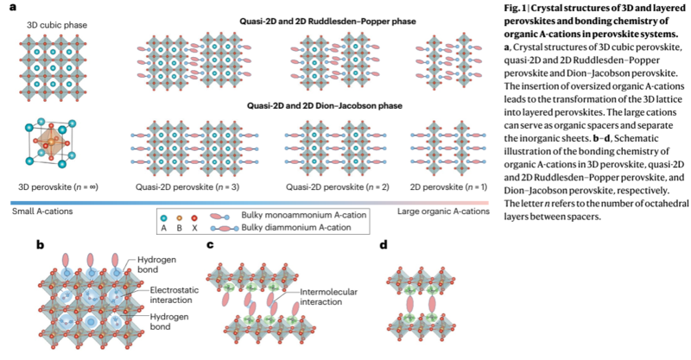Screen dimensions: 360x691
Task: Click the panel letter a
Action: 12,8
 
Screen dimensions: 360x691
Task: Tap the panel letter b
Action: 40,245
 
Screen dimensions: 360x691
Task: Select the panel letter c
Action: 211,245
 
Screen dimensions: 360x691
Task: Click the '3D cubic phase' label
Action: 48,25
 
